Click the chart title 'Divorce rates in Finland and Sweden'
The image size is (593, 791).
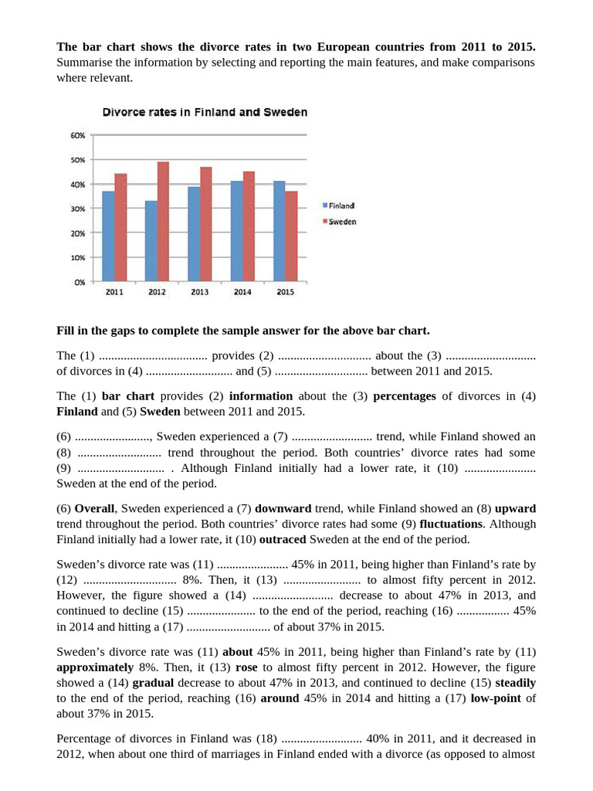pos(205,112)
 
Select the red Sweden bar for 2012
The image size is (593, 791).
pos(163,222)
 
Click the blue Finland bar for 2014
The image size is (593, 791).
pos(236,231)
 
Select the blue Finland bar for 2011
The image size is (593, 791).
pos(108,236)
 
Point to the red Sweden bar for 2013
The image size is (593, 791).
pos(205,224)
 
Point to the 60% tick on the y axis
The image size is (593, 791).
pos(78,135)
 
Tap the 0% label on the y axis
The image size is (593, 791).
pos(80,282)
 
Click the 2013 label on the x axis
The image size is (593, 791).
pos(199,292)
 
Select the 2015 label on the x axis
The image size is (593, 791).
pos(285,292)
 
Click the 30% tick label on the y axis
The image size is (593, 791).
pos(78,209)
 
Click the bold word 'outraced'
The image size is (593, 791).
pos(283,539)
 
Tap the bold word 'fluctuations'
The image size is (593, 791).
pos(451,524)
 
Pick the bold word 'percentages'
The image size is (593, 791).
pos(405,396)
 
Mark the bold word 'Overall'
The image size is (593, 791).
pos(95,508)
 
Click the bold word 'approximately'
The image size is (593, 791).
pos(95,667)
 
